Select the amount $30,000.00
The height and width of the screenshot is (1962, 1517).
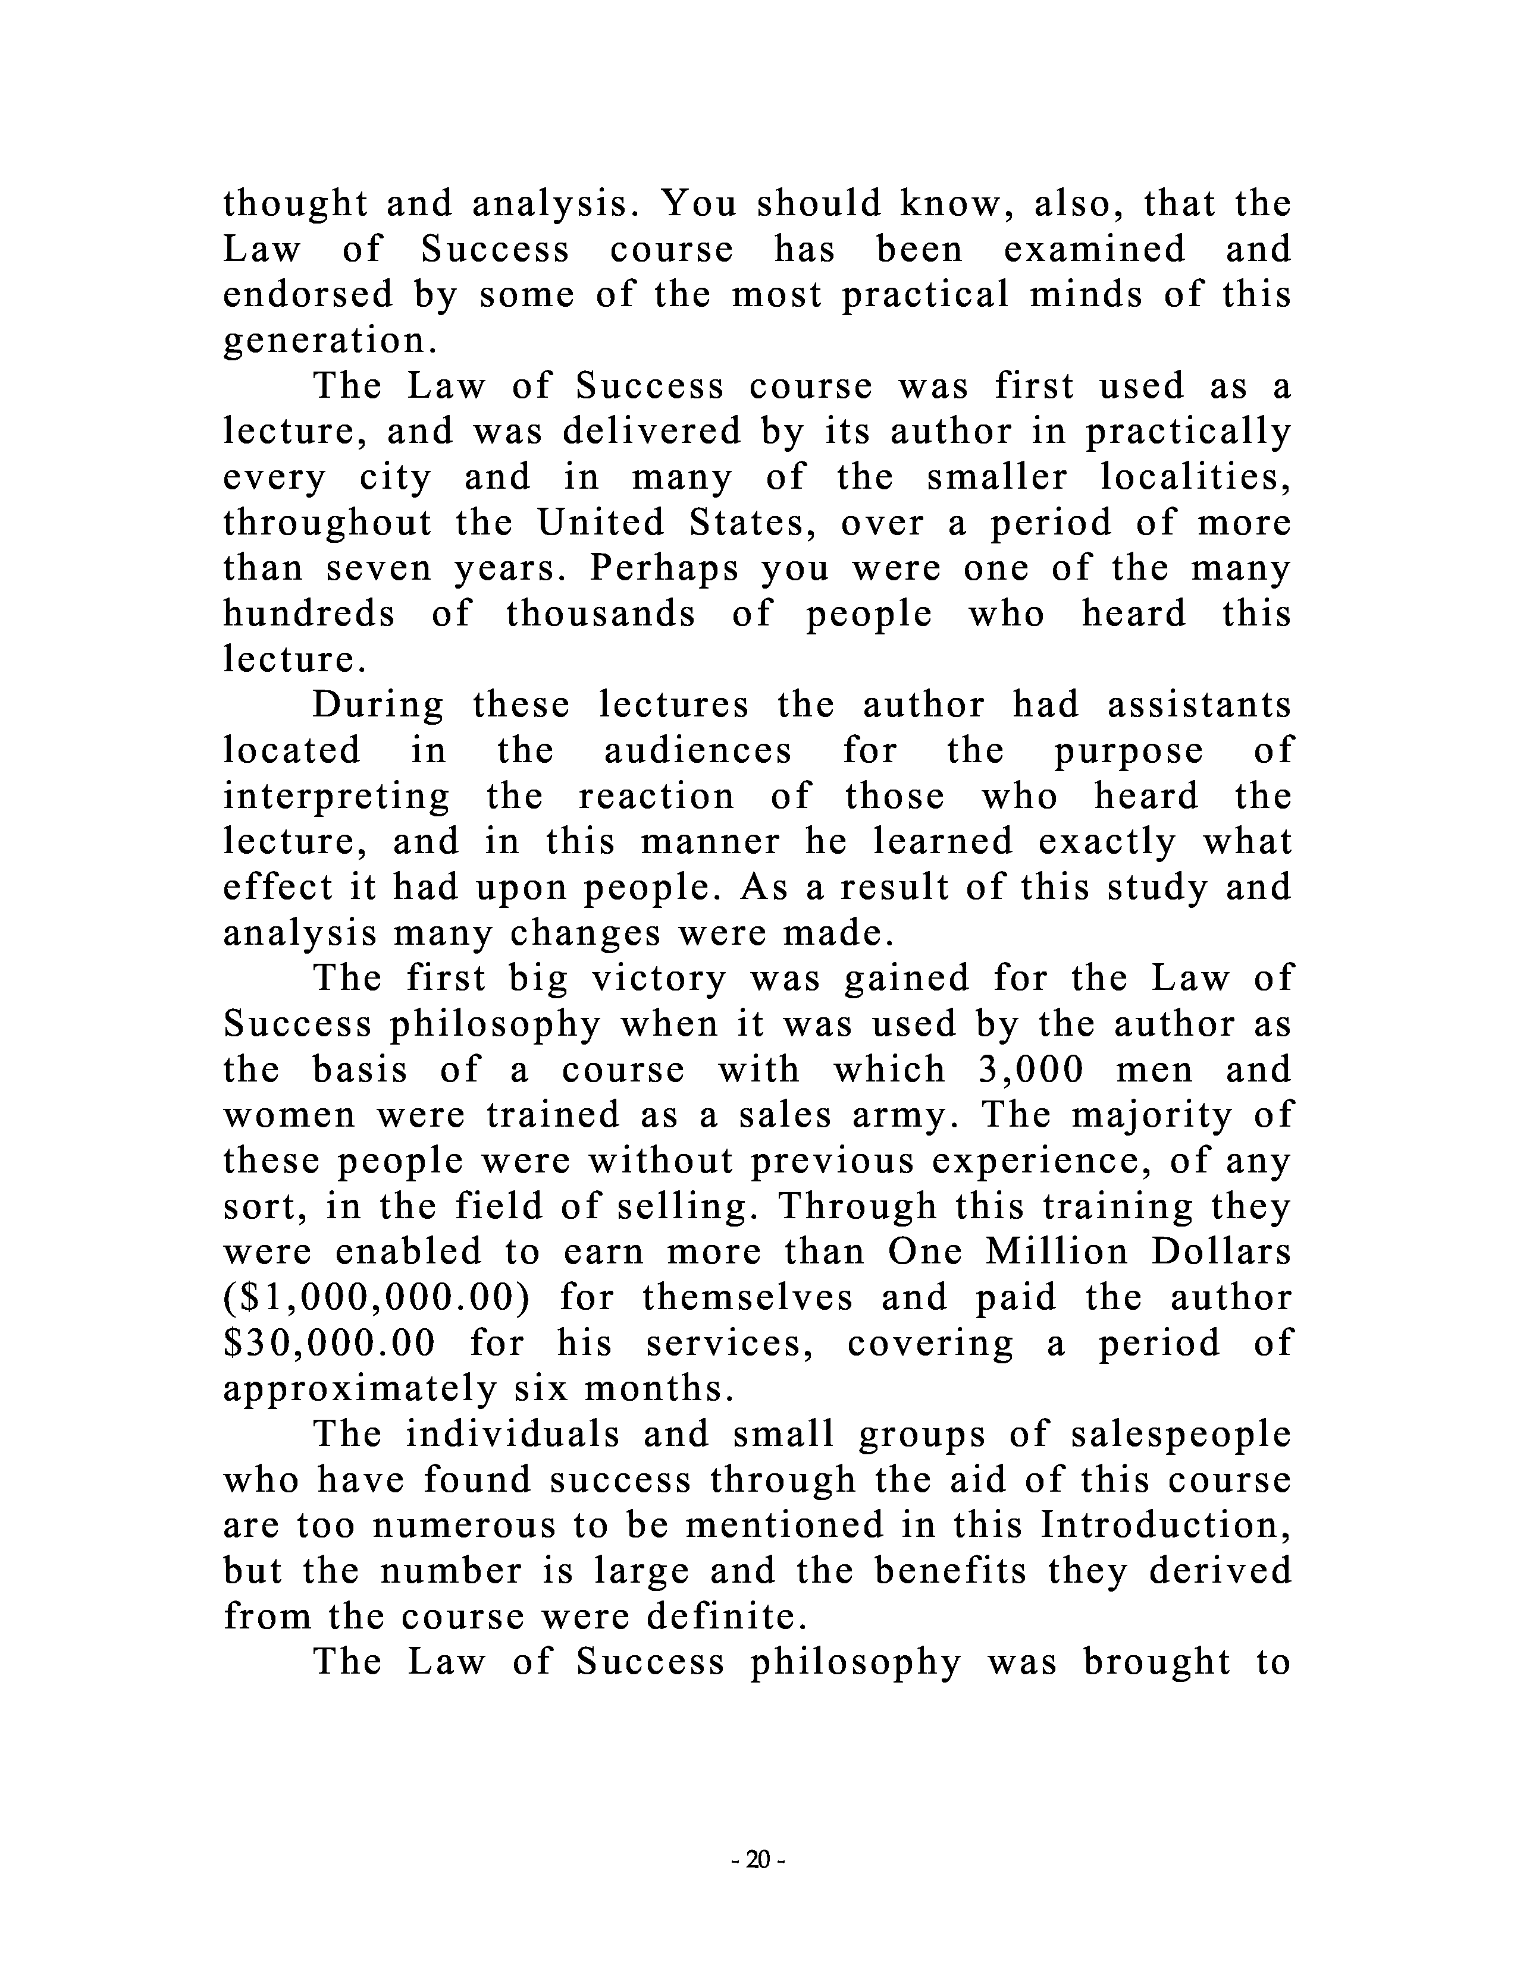pos(329,1344)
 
